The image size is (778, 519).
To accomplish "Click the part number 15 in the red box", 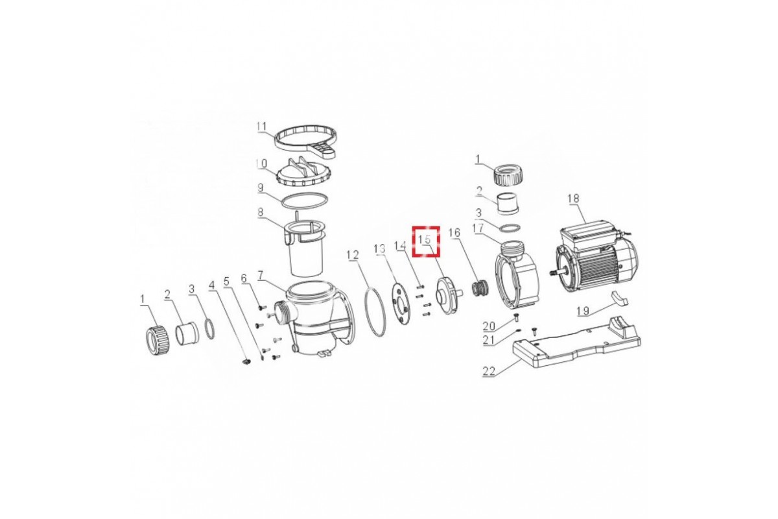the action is click(x=425, y=239).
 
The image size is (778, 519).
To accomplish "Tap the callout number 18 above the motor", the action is click(x=573, y=199).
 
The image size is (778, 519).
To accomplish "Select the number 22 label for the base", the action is click(x=489, y=371).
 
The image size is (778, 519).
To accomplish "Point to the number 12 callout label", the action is click(x=353, y=255).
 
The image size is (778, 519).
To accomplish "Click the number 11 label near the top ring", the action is click(x=261, y=127).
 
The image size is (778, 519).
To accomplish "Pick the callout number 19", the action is click(x=583, y=310).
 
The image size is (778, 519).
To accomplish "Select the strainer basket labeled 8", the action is click(x=305, y=248).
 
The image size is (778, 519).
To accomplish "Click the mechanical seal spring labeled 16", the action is click(x=480, y=289).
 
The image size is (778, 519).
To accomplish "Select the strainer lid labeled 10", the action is click(x=304, y=172).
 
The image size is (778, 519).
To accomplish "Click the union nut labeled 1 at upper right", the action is click(x=508, y=175).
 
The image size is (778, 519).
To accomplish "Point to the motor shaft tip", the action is click(x=550, y=273).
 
